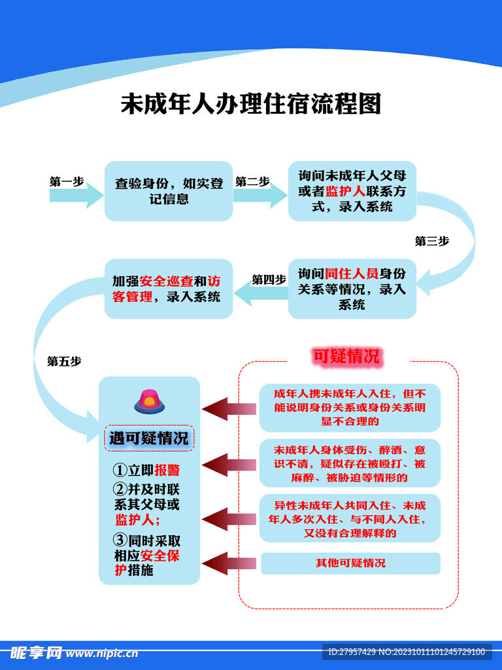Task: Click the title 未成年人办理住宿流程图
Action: click(x=250, y=104)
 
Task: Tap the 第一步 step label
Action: click(x=67, y=182)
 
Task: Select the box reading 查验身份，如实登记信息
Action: click(x=169, y=190)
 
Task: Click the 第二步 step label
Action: click(x=252, y=182)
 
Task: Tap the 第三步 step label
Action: click(x=432, y=241)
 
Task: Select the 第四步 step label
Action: click(x=269, y=279)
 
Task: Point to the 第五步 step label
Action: click(x=64, y=361)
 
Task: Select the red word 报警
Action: click(x=167, y=470)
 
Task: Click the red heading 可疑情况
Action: click(x=346, y=357)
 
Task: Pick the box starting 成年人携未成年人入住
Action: click(x=350, y=407)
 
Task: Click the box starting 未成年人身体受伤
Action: click(x=350, y=463)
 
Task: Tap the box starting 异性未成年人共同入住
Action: click(x=350, y=519)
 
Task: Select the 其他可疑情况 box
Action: click(x=350, y=563)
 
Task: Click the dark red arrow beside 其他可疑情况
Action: click(x=227, y=563)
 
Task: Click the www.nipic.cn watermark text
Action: click(x=102, y=652)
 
